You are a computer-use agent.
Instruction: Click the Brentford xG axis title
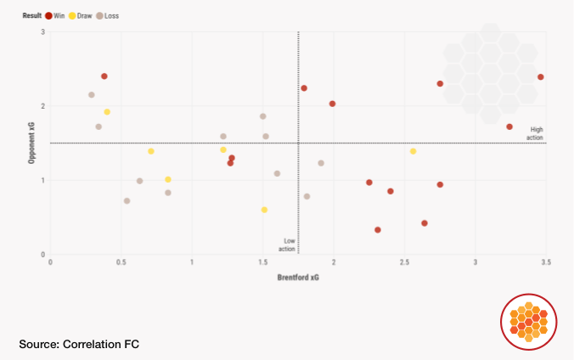tap(298, 278)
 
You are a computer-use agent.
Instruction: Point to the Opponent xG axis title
tap(31, 143)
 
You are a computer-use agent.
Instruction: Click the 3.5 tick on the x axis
tap(545, 262)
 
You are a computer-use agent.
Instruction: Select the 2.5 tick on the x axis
tap(404, 262)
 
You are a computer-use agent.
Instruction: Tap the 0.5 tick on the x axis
tap(121, 262)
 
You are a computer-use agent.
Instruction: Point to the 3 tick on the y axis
tap(43, 32)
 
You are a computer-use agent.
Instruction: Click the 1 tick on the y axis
tap(43, 180)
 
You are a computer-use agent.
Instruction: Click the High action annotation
tap(536, 133)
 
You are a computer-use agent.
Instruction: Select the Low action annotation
tap(288, 245)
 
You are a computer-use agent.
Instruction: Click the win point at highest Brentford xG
tap(540, 77)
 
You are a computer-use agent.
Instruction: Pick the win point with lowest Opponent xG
tap(377, 230)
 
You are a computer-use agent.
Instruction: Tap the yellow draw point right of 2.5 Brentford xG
tap(413, 151)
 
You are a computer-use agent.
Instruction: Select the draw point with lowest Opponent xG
tap(264, 210)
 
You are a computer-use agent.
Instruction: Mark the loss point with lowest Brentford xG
tap(92, 95)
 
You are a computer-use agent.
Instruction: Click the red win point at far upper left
tap(104, 76)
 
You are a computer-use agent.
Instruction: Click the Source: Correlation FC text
tap(78, 344)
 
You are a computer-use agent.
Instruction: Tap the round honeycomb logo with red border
tap(528, 322)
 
